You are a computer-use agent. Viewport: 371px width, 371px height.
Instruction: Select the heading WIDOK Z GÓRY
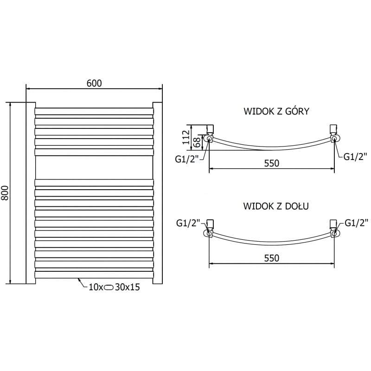tap(276, 112)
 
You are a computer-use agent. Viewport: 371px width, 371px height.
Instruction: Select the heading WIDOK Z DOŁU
tap(276, 206)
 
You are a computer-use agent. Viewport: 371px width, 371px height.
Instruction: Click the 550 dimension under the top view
tap(272, 163)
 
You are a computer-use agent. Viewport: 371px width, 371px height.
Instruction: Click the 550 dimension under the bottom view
tap(272, 258)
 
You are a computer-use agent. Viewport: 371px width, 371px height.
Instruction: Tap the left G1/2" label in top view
tap(187, 159)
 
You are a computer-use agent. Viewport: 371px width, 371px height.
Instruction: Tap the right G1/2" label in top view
tap(355, 156)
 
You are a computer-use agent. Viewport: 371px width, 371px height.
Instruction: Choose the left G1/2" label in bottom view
tap(188, 224)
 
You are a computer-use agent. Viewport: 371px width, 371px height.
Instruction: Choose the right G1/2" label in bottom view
tap(355, 224)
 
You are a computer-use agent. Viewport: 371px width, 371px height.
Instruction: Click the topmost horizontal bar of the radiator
tap(94, 111)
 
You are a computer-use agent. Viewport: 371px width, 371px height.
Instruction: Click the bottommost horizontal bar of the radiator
tap(94, 275)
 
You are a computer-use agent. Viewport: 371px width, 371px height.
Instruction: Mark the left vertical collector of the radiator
tap(30, 192)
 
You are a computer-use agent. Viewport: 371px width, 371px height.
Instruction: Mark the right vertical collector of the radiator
tap(158, 192)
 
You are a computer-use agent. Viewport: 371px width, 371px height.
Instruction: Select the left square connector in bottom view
tap(210, 224)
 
